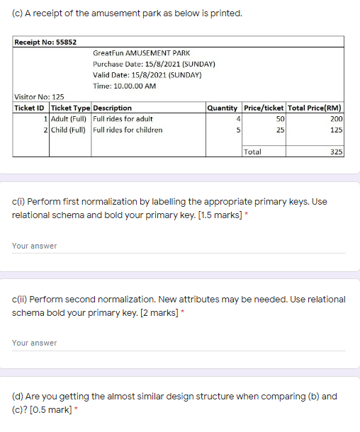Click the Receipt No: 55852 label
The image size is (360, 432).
[x=46, y=42]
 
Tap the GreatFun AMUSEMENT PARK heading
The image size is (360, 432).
[x=141, y=53]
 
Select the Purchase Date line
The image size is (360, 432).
[x=154, y=64]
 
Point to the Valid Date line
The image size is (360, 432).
[x=147, y=74]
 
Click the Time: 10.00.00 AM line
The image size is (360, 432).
[x=124, y=86]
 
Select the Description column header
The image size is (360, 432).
[x=112, y=108]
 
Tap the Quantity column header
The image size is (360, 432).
[x=222, y=108]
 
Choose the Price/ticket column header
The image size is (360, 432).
[x=263, y=108]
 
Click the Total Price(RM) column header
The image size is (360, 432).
[x=315, y=108]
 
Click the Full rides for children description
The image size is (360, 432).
[x=128, y=130]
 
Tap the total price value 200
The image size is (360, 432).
[x=337, y=119]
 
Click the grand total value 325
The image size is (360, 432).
[x=337, y=152]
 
